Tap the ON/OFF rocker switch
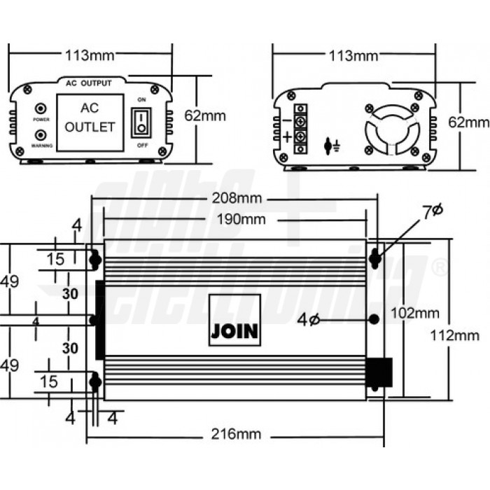pos(142,122)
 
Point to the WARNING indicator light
pos(41,134)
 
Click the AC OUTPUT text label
pos(88,83)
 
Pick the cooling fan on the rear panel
pos(391,127)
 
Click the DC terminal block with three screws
pos(301,128)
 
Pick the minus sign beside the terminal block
pos(288,120)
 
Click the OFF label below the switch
pos(142,145)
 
